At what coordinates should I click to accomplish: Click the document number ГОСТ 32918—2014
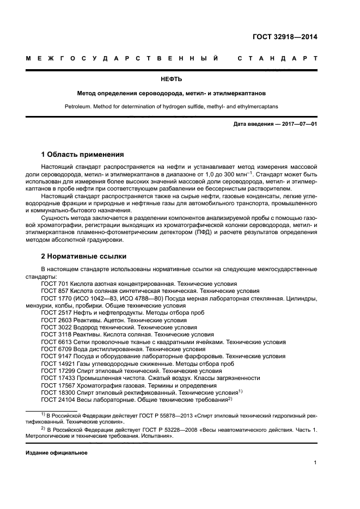pyautogui.click(x=285, y=37)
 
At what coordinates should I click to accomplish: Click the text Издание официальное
pyautogui.click(x=56, y=452)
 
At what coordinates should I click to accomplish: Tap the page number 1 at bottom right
pyautogui.click(x=315, y=463)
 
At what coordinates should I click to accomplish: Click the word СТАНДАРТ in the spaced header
pyautogui.click(x=278, y=59)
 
